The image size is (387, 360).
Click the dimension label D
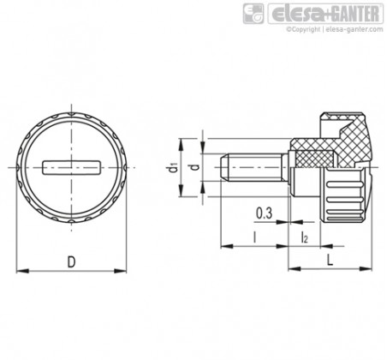click(x=71, y=262)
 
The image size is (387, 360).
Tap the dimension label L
click(x=330, y=260)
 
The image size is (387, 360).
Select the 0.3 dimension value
click(x=264, y=213)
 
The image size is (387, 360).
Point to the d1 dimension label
click(x=173, y=167)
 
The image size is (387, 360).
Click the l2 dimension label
click(x=305, y=237)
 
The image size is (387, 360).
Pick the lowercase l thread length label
click(x=254, y=237)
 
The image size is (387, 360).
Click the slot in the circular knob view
click(x=71, y=167)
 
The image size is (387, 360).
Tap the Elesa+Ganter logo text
click(x=325, y=14)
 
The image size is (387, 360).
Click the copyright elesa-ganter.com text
click(x=335, y=29)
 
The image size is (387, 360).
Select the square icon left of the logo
click(x=253, y=14)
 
